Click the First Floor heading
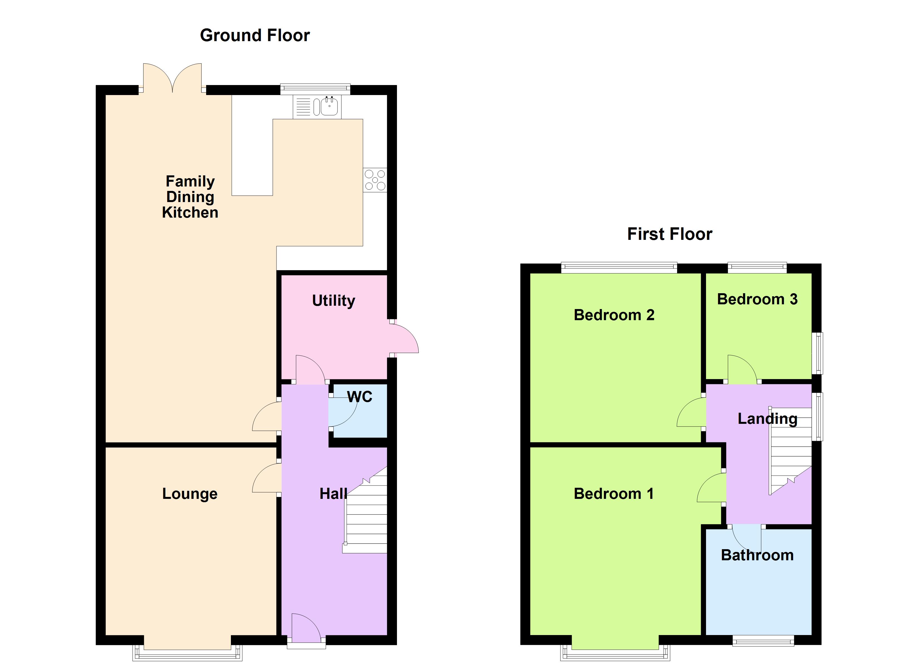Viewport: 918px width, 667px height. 670,234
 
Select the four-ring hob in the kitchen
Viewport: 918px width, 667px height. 375,180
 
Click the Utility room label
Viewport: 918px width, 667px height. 334,301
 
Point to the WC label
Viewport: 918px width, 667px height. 359,397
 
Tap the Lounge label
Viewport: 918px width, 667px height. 190,494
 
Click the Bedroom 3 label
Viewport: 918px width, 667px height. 757,299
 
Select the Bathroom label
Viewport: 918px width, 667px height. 757,555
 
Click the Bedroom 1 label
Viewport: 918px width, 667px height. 614,494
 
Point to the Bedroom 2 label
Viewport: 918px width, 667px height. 614,315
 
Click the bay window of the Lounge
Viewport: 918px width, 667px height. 187,653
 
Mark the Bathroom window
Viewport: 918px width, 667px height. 763,640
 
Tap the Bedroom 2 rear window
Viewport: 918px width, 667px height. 619,268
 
